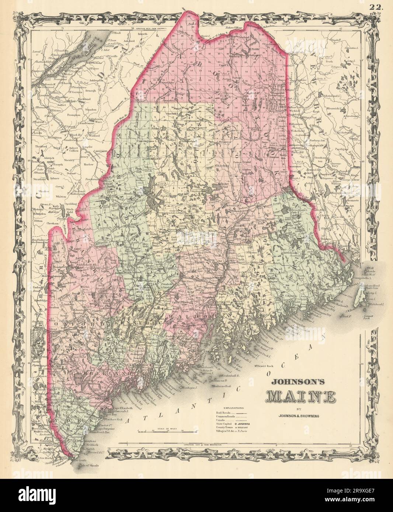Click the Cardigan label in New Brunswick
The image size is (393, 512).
[337, 149]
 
